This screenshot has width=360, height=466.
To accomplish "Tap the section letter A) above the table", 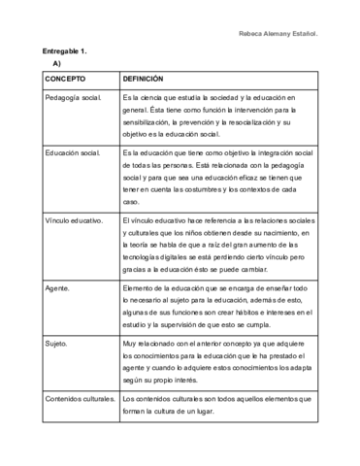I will point(57,63).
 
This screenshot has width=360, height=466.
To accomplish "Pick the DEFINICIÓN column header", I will point(143,79).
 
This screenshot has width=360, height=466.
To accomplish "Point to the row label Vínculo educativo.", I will point(74,221).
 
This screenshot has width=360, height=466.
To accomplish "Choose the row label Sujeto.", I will point(55,345).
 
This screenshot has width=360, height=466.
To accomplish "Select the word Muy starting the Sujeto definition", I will point(130,345).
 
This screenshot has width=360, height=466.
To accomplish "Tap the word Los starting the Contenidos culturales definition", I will point(130,399).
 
